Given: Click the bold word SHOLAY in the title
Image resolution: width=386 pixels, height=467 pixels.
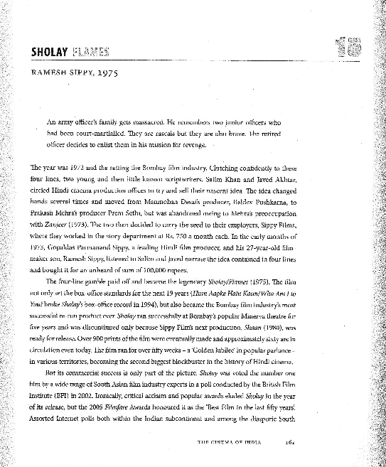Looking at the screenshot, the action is tap(48, 51).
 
